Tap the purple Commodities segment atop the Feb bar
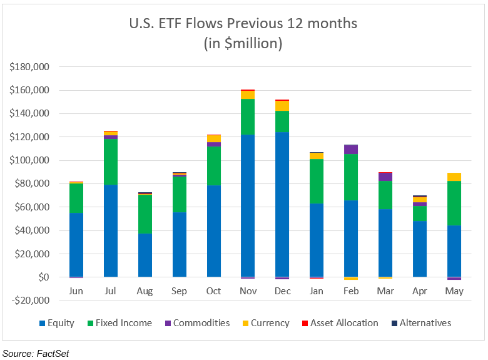tap(350, 149)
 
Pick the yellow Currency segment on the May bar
tap(454, 177)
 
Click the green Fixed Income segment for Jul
tap(111, 162)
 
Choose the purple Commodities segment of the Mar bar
tap(385, 177)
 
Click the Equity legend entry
tap(57, 323)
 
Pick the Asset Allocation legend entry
tap(340, 323)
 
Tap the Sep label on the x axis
tap(180, 291)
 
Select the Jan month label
tap(317, 291)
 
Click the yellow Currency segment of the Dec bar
tap(282, 106)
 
